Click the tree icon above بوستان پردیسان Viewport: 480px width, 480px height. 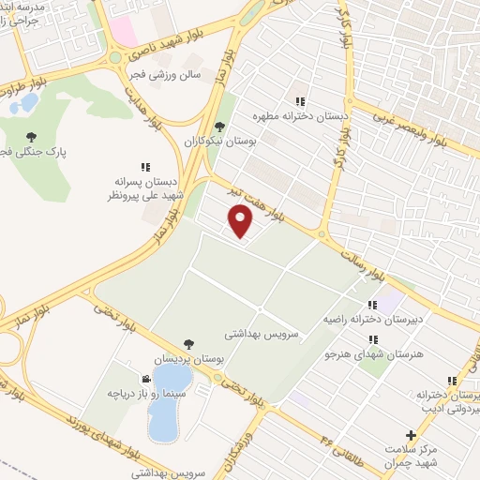click(x=190, y=344)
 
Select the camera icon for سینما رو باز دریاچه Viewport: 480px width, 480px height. click(x=147, y=379)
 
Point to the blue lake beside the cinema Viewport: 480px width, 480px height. click(x=170, y=403)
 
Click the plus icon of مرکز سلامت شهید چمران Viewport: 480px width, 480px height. click(x=411, y=435)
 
